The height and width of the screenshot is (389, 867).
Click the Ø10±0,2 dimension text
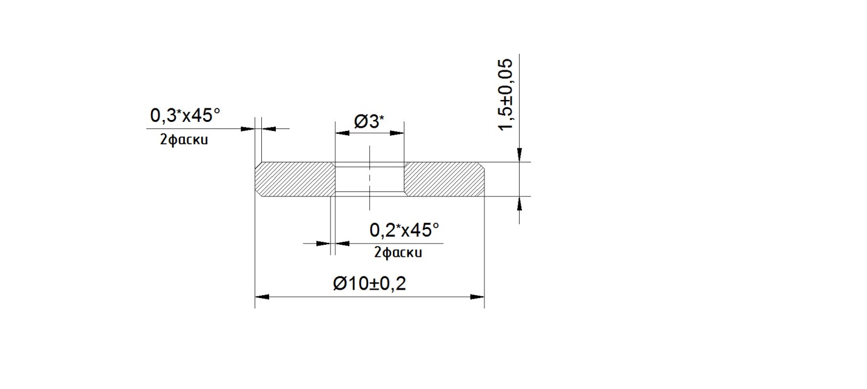[x=369, y=284]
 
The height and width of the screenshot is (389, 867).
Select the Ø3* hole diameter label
[x=369, y=122]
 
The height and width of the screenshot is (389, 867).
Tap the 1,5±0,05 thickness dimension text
[x=506, y=95]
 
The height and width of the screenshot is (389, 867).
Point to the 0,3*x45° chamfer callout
[x=185, y=115]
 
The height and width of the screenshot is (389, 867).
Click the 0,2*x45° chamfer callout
[x=404, y=230]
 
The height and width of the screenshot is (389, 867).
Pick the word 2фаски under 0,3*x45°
[x=184, y=139]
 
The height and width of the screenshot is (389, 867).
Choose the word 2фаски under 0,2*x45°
[x=398, y=253]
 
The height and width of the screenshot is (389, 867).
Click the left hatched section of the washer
[x=295, y=179]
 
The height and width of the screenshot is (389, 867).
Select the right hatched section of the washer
[x=444, y=179]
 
